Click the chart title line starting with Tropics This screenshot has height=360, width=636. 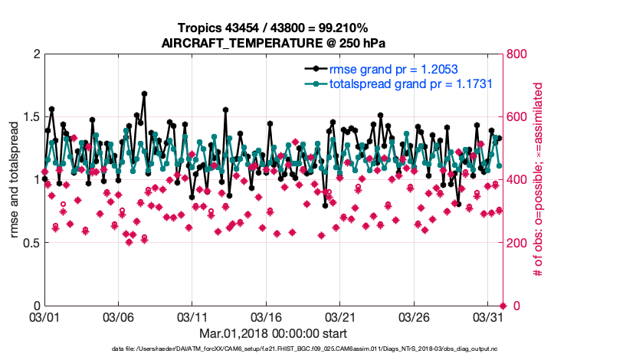[x=274, y=28]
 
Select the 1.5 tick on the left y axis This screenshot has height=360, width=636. [x=30, y=116]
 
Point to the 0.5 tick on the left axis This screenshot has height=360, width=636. [x=30, y=243]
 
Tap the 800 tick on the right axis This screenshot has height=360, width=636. [x=519, y=54]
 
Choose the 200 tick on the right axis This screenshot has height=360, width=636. [x=519, y=243]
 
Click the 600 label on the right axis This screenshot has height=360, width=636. [x=519, y=116]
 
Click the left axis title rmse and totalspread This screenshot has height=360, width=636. [x=15, y=180]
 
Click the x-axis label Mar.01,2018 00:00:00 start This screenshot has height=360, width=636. [x=274, y=333]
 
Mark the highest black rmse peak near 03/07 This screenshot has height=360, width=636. [x=144, y=94]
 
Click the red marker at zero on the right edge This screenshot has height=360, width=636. [x=503, y=306]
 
